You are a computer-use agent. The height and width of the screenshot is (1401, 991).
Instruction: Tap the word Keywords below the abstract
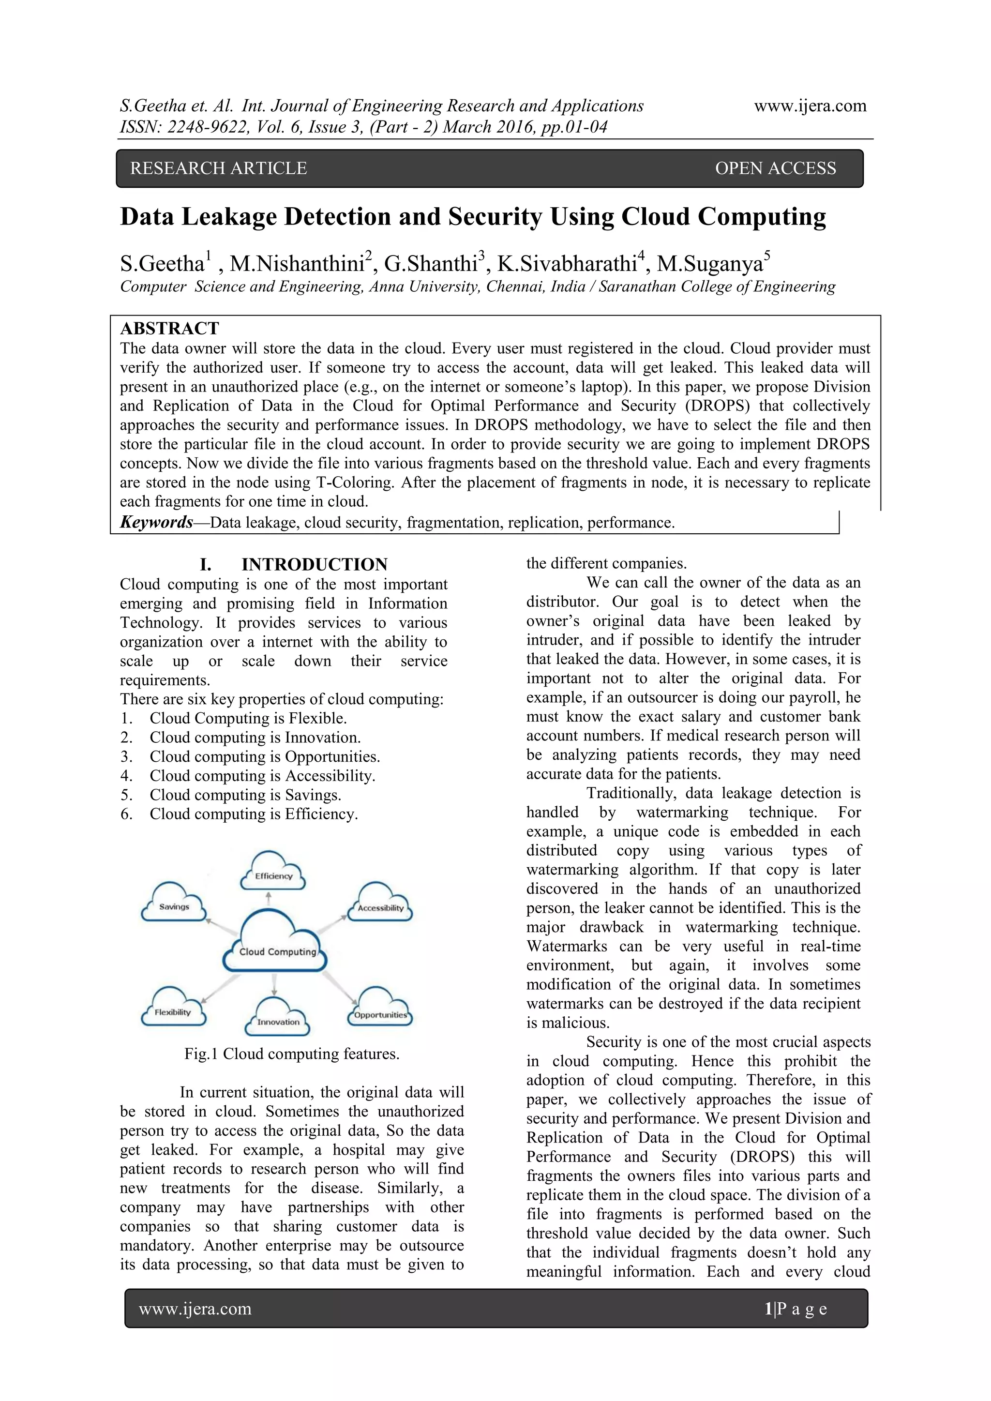point(156,522)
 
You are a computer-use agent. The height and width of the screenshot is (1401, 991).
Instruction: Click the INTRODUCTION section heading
point(314,564)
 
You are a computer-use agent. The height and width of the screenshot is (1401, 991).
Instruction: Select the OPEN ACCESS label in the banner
point(775,168)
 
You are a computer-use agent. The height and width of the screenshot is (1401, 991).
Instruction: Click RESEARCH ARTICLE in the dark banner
point(218,168)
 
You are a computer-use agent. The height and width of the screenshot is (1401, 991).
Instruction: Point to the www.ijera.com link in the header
point(810,105)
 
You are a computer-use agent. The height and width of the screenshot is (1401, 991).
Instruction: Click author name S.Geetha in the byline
point(162,264)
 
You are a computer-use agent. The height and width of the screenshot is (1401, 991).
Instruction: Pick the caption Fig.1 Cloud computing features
point(292,1054)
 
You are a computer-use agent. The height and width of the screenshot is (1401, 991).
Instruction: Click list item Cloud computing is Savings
point(245,795)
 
